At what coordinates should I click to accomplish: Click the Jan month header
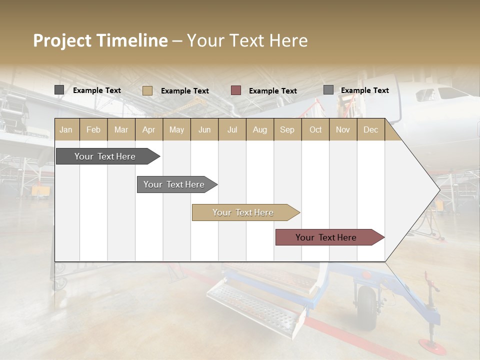tap(66, 130)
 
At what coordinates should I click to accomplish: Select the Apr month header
tap(149, 130)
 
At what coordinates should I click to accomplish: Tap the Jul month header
tap(232, 130)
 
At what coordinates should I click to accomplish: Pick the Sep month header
tap(287, 130)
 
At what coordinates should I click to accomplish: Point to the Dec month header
tap(370, 130)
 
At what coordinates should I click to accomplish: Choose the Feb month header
tap(93, 130)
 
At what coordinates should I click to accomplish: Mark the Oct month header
tap(315, 130)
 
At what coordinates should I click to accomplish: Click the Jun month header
tap(204, 130)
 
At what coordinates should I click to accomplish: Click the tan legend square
tap(147, 90)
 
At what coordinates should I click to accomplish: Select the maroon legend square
tap(236, 90)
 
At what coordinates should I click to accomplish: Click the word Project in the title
tap(63, 40)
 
